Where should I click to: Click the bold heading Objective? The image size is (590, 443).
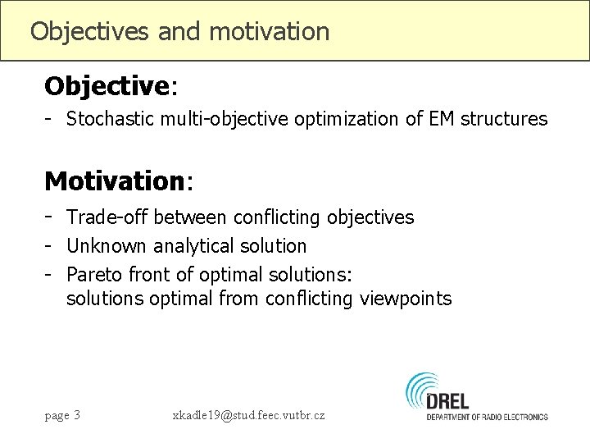(x=107, y=85)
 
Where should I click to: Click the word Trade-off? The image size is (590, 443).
(x=108, y=217)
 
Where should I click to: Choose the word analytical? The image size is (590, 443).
(x=192, y=245)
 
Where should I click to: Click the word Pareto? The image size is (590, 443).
(x=93, y=272)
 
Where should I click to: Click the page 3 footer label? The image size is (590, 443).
(x=62, y=415)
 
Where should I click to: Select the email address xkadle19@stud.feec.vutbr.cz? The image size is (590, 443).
(x=248, y=415)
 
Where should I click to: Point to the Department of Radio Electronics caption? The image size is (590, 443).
(x=487, y=418)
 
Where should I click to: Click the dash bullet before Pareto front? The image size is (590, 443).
(x=50, y=272)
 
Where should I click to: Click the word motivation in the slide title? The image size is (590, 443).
(x=270, y=32)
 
